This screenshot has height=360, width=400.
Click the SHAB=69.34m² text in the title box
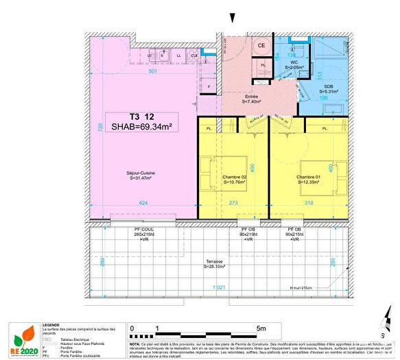(x=140, y=125)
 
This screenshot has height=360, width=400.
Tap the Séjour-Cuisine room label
(x=140, y=176)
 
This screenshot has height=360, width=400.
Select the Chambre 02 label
(x=234, y=180)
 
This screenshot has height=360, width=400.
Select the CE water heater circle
(x=261, y=46)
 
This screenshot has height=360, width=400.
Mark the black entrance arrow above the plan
(x=233, y=18)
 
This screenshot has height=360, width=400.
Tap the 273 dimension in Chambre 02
(x=234, y=203)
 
